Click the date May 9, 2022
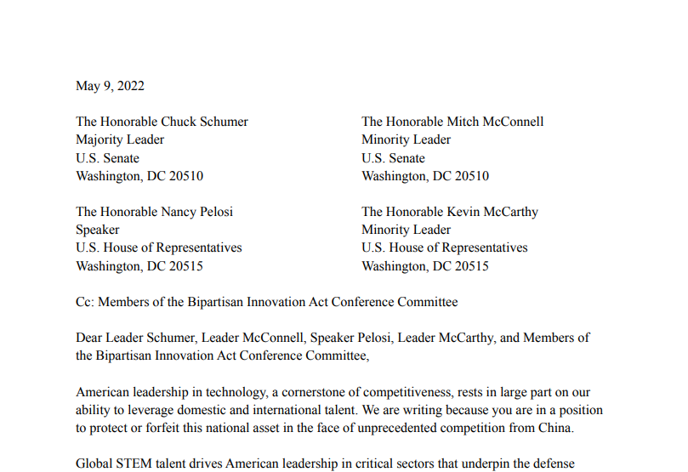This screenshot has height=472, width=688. coord(110,86)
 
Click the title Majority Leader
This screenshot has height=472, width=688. coord(120,139)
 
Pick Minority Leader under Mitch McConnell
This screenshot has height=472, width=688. coord(406,139)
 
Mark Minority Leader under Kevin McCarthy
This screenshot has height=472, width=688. coord(406,230)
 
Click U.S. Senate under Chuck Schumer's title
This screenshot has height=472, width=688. coord(107,158)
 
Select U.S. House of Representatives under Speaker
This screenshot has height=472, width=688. coord(159,247)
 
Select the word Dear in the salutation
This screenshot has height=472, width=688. coord(90,338)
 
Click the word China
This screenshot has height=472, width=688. coord(554,428)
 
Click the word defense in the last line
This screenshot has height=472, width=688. coord(554,464)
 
